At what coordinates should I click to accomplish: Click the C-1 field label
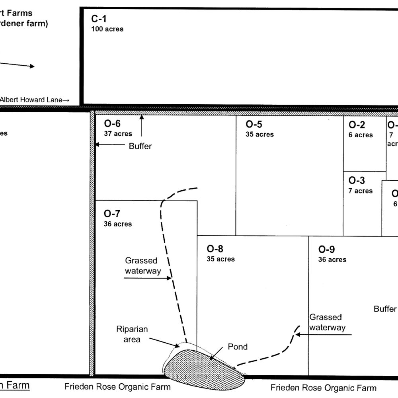(x=99, y=18)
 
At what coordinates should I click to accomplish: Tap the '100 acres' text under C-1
(x=107, y=29)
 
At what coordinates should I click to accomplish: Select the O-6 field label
(x=112, y=124)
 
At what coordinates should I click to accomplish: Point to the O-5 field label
(x=254, y=124)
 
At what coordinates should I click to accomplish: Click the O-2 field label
(x=357, y=125)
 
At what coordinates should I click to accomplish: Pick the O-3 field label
(x=357, y=181)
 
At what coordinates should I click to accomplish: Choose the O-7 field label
(x=112, y=214)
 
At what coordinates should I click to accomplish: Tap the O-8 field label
(x=215, y=249)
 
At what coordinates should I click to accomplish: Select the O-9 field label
(x=326, y=250)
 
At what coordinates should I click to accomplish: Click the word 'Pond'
(x=238, y=347)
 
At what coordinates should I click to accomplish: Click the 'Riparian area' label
(x=132, y=334)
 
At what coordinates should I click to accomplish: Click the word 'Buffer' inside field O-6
(x=140, y=146)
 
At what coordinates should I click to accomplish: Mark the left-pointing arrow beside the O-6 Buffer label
(x=110, y=146)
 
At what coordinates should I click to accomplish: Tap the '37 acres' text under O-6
(x=118, y=134)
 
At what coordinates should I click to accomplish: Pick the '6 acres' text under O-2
(x=361, y=135)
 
